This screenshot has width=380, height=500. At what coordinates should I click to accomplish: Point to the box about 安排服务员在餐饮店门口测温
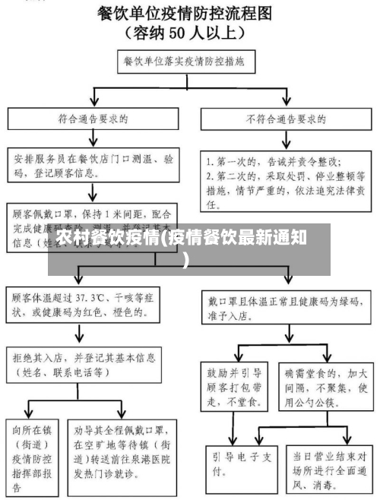point(93,167)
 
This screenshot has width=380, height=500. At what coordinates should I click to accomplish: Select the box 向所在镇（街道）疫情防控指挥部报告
point(31,448)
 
